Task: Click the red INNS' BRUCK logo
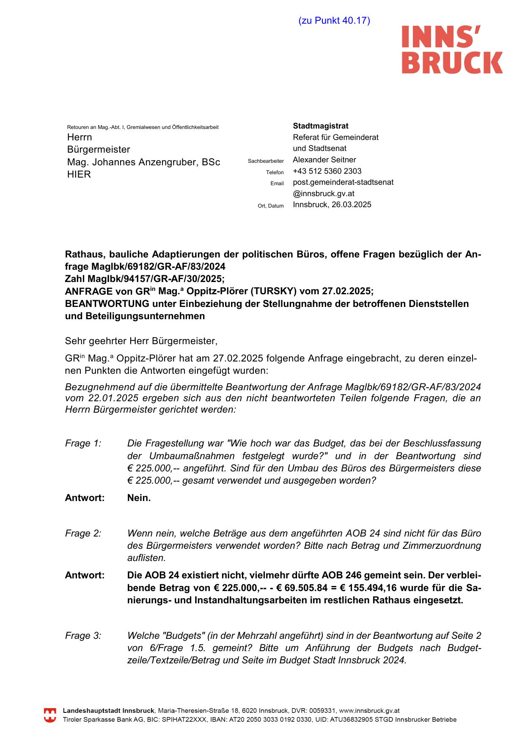pos(452,49)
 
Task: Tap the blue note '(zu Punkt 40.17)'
pos(334,21)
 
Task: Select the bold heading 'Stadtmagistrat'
pos(321,126)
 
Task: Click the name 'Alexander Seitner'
pos(324,160)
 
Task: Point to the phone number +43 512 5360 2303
pos(327,171)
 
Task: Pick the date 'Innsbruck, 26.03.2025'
pos(332,205)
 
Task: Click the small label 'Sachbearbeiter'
pos(266,161)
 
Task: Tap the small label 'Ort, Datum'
pos(271,206)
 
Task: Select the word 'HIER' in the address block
pos(79,175)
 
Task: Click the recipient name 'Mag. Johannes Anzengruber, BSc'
pos(144,162)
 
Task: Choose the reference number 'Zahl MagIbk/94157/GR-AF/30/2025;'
pos(145,279)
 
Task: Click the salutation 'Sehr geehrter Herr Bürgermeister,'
pos(141,341)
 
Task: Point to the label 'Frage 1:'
pos(83,444)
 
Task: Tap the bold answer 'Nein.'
pos(139,498)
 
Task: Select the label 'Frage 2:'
pos(83,534)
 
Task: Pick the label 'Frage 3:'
pos(83,636)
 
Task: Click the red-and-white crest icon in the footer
pos(50,715)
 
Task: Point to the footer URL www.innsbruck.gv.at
pos(369,711)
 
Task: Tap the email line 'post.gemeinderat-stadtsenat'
pos(343,183)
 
